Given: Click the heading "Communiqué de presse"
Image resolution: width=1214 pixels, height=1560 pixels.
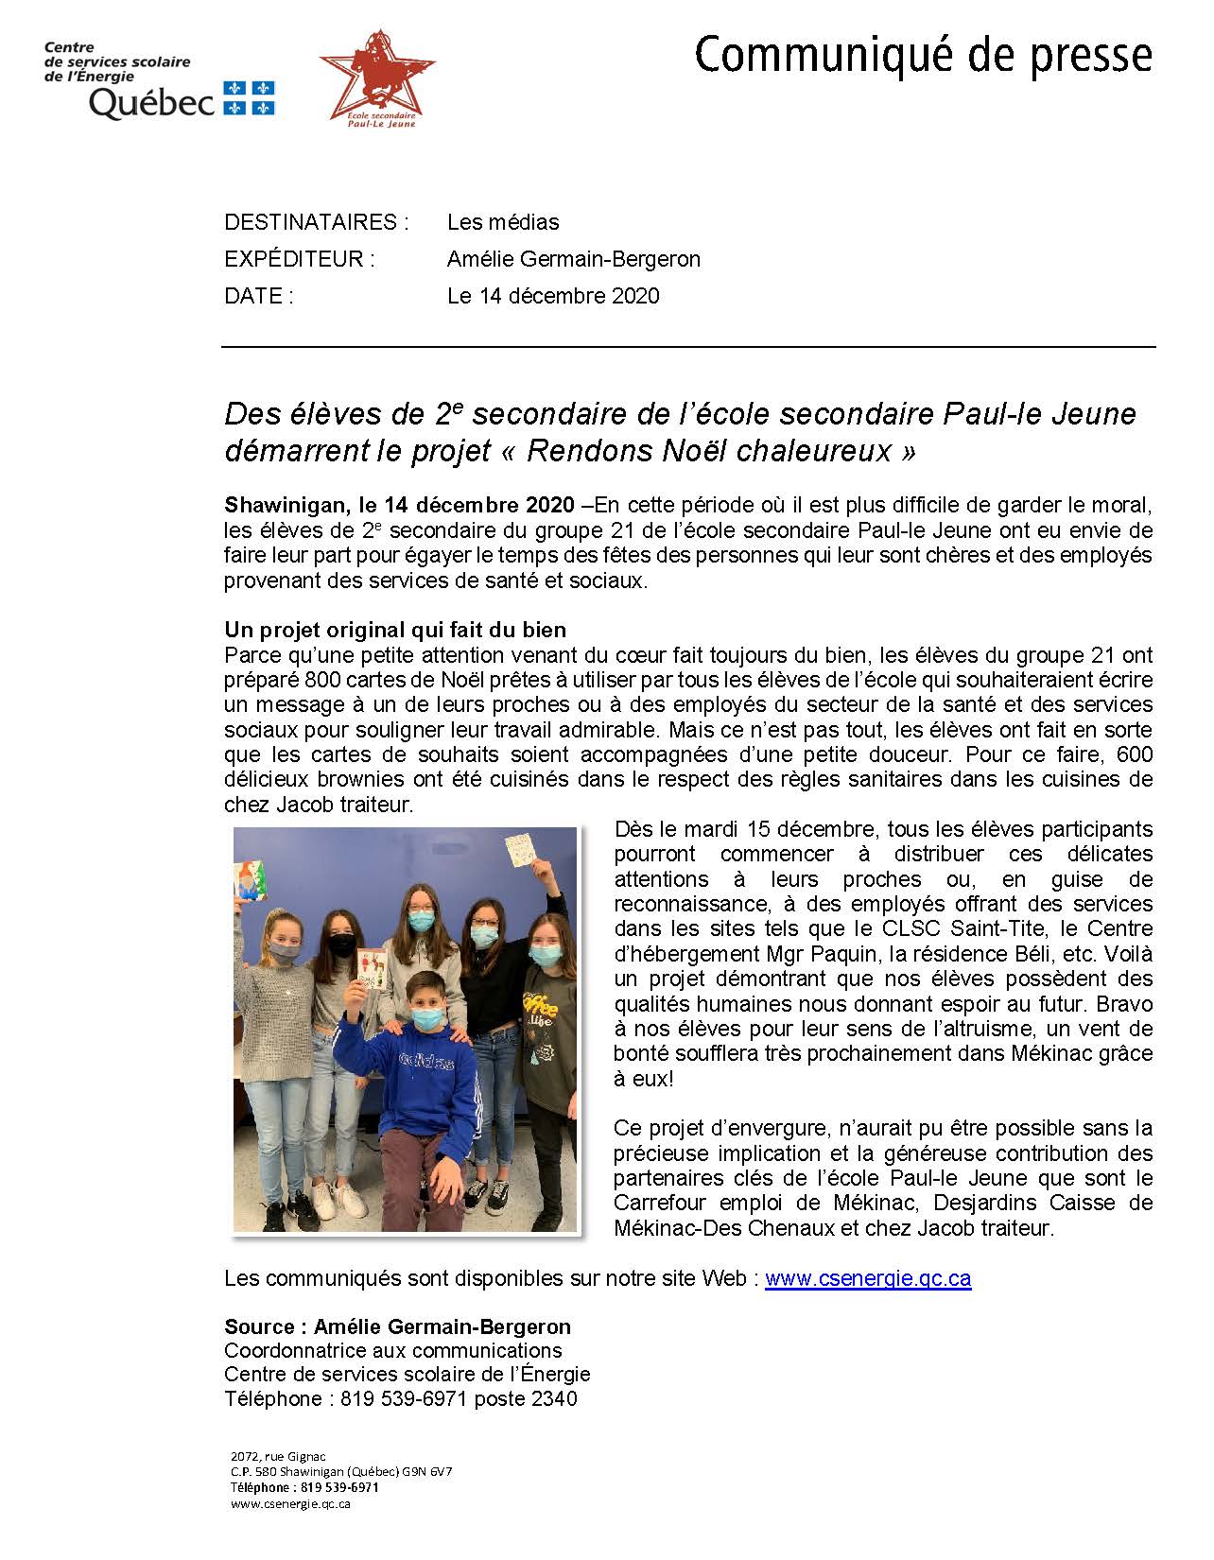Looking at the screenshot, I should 923,56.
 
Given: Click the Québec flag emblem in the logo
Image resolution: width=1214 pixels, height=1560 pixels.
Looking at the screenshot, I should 249,98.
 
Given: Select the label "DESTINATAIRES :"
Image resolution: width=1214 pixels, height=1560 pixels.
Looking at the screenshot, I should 317,222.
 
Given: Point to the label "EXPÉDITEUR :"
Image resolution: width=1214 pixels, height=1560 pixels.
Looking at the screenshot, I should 300,259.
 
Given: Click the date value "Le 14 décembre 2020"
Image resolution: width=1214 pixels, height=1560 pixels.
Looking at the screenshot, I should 553,296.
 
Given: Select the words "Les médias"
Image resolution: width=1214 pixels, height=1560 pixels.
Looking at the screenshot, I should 503,222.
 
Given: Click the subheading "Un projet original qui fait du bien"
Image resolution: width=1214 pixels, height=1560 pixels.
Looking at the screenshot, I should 395,630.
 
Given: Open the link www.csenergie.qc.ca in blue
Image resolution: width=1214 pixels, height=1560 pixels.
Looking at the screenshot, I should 868,1278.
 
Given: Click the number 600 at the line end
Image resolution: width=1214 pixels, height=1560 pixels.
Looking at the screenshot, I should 1134,754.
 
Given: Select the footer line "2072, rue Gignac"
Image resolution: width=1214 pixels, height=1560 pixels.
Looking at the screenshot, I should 278,1456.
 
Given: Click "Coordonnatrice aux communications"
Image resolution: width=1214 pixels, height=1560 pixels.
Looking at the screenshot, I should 393,1350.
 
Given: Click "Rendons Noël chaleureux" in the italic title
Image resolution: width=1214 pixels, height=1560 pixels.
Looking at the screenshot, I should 708,451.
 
